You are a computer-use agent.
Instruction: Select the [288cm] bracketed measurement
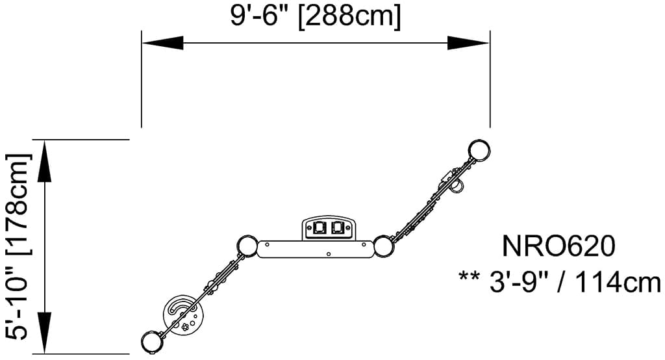349,18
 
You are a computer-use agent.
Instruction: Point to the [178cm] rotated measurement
19,204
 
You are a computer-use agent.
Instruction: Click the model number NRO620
558,246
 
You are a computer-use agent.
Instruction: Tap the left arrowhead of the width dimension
162,43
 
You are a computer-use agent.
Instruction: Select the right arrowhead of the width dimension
468,43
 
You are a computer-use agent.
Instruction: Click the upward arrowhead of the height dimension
44,161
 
